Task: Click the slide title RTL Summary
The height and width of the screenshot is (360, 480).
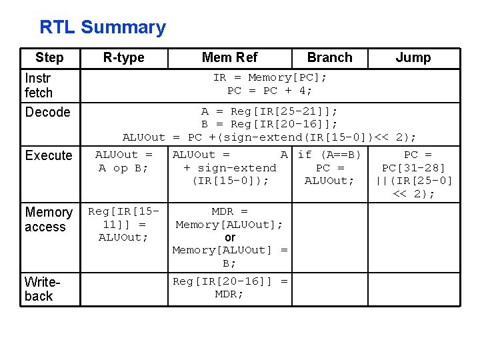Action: (103, 27)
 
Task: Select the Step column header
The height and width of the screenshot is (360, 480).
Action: (49, 57)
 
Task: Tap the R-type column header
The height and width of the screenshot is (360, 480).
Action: (123, 57)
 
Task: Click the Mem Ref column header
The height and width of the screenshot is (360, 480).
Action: (229, 57)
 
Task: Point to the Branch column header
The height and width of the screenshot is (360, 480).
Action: (329, 57)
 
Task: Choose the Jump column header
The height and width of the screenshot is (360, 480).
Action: (413, 57)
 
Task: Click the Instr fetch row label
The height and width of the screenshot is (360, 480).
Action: (39, 85)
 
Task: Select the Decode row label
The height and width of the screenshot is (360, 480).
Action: (47, 112)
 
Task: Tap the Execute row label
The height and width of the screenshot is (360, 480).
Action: (49, 155)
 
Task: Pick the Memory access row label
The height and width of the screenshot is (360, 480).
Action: (48, 219)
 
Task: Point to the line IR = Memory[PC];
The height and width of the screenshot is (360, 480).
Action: (270, 77)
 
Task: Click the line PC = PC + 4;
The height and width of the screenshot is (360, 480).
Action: (270, 91)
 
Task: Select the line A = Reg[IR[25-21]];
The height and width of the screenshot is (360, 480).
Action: (269, 111)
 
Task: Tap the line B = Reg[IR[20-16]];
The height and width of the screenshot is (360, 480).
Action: (269, 124)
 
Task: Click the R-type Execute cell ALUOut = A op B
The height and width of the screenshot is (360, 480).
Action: (123, 161)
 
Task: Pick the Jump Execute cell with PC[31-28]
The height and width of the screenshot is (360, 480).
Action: (413, 174)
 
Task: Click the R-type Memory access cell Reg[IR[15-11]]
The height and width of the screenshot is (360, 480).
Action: (123, 224)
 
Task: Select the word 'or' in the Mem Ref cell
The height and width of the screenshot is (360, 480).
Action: (230, 237)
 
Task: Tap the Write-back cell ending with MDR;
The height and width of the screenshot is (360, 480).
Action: (230, 287)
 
